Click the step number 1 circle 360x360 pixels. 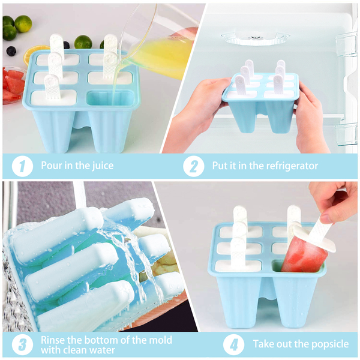(22, 166)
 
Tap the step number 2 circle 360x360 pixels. (194, 166)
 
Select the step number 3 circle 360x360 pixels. (22, 344)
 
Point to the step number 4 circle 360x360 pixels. (234, 344)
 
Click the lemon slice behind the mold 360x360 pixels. (34, 53)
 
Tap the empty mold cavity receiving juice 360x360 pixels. (110, 99)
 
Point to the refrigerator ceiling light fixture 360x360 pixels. (255, 38)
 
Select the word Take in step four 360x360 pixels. (263, 344)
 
